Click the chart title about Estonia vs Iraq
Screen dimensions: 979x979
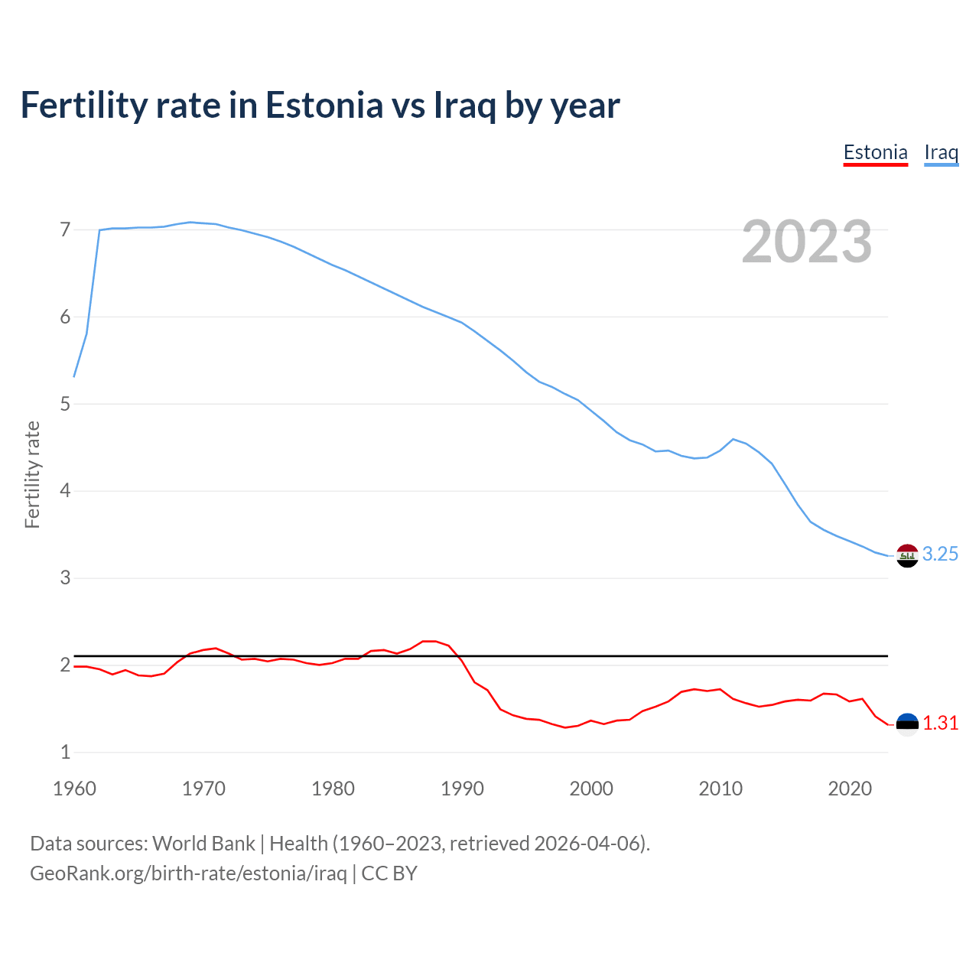320,106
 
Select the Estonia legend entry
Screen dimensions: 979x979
875,152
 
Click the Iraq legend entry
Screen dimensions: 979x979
941,152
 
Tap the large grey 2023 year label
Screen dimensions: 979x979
806,242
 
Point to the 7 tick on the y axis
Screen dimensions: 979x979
65,229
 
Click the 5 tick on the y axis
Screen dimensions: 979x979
65,404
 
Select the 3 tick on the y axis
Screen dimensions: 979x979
65,577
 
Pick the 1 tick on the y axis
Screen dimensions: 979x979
65,752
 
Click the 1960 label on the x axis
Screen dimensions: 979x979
74,789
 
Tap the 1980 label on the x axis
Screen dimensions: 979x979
333,789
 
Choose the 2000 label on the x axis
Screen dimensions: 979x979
591,789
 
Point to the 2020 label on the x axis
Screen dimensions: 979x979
850,789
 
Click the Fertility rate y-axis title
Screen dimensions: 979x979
32,474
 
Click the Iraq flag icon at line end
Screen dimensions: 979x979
907,555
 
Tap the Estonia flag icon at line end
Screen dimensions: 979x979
907,724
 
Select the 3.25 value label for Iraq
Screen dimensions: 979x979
940,555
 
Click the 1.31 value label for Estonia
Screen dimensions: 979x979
940,724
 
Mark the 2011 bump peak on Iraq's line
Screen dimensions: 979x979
733,439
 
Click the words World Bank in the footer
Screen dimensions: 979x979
203,844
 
